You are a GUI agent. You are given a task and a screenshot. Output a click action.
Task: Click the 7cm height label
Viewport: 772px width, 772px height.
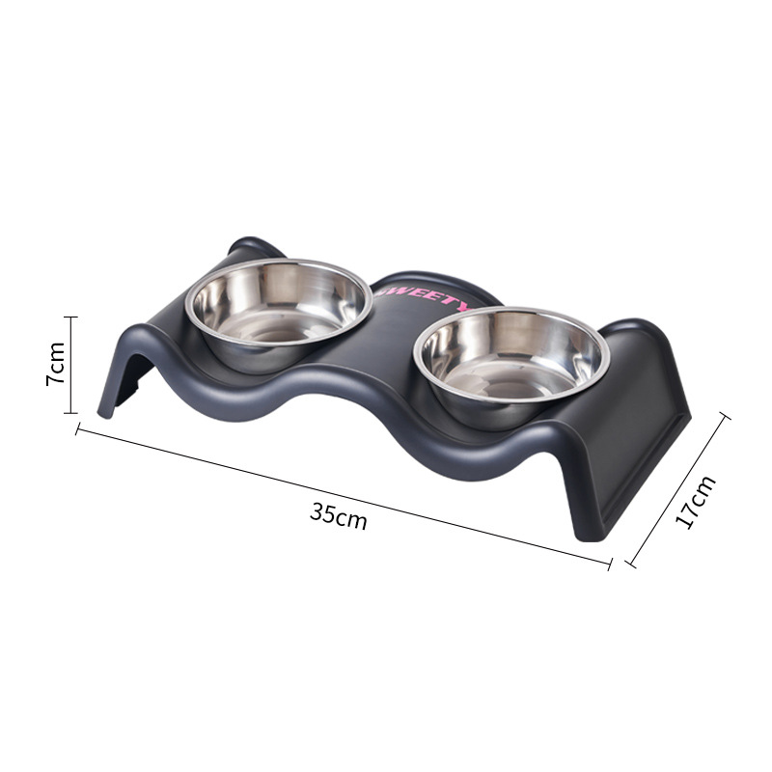[55, 364]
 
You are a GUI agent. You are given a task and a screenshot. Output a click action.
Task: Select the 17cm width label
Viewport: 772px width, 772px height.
[695, 502]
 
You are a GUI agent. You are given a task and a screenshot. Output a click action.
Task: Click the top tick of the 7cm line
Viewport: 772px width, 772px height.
[70, 317]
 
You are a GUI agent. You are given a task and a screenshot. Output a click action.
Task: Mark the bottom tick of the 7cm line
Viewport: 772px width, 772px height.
[70, 413]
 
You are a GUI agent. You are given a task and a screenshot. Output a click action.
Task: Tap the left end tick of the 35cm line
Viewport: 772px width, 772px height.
[78, 429]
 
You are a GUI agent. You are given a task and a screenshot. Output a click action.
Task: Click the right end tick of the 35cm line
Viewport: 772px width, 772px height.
[610, 565]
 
